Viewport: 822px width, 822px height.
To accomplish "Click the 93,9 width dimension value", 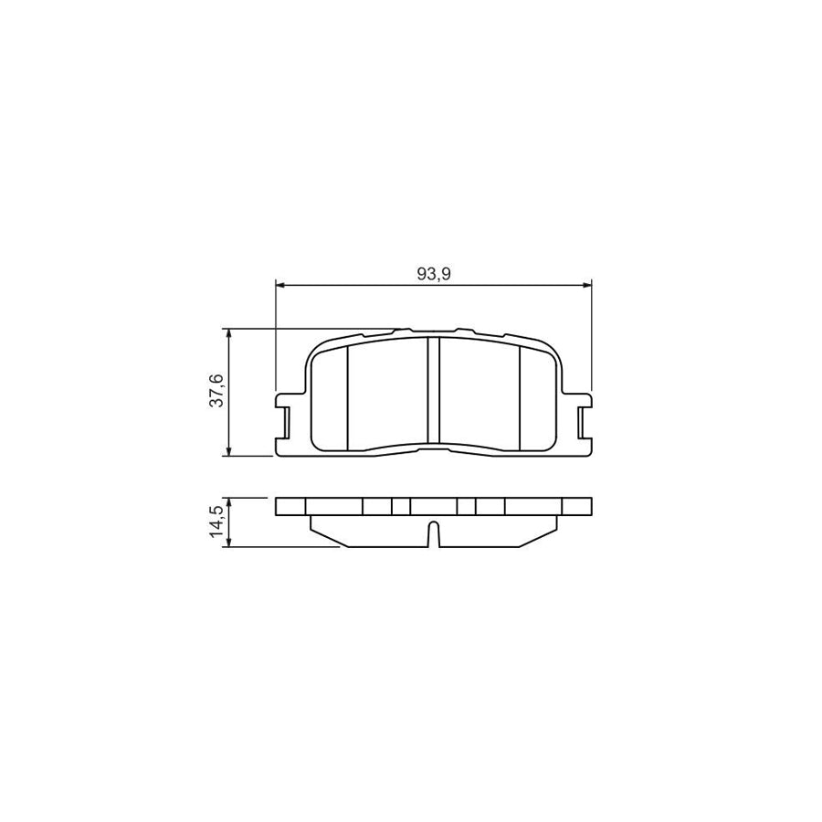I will point(434,273).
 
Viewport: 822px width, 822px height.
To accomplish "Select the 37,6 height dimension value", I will point(217,391).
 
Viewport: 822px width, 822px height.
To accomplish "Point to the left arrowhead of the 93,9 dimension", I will point(280,285).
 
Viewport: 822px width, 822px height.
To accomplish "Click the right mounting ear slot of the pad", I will point(583,422).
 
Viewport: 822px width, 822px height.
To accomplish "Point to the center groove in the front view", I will point(434,393).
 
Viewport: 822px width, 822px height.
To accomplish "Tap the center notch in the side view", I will point(434,533).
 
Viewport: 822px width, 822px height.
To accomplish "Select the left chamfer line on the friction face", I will point(348,398).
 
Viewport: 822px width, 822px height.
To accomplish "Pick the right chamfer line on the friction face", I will point(520,398).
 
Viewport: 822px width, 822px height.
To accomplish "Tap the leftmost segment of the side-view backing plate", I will point(290,507).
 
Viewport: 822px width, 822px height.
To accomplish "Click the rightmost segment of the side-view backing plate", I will point(576,507).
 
